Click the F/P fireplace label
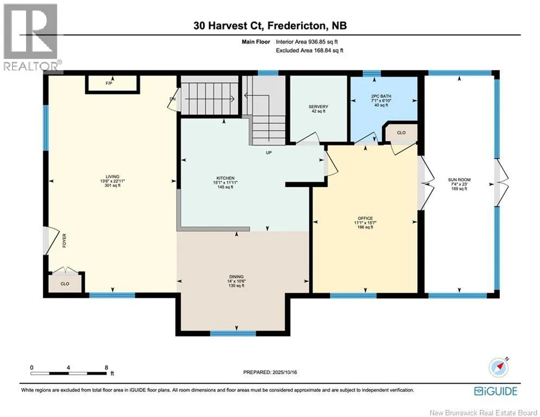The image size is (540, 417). [109, 84]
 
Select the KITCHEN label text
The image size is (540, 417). [226, 178]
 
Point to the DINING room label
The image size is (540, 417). [236, 277]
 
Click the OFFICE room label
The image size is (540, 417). [365, 218]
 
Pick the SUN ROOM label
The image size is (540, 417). [459, 180]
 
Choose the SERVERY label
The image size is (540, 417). [318, 107]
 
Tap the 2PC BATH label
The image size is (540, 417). [381, 96]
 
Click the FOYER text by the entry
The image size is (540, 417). [64, 240]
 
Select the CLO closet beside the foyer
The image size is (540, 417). [65, 283]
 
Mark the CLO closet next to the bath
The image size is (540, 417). [401, 132]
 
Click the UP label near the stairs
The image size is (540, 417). [269, 153]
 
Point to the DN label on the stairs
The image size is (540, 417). [173, 99]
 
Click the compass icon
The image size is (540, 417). [498, 368]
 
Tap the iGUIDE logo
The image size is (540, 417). [495, 391]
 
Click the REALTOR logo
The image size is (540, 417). [31, 37]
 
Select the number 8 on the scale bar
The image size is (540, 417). [106, 368]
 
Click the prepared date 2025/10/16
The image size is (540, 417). [284, 372]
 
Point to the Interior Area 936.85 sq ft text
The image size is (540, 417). [307, 42]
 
